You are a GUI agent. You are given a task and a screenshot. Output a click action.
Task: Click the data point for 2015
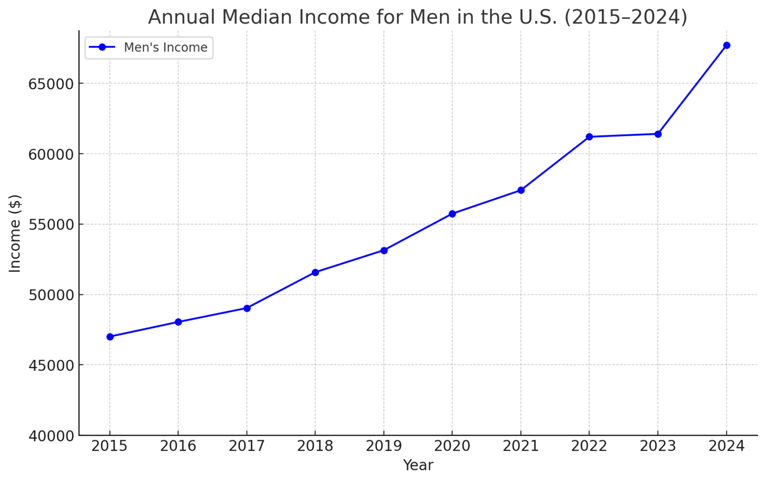pyautogui.click(x=110, y=337)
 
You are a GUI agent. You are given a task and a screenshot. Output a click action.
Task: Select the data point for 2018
pyautogui.click(x=315, y=272)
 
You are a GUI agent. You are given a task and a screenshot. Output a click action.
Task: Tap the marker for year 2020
pyautogui.click(x=452, y=214)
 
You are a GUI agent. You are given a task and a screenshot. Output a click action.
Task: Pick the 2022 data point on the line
pyautogui.click(x=589, y=137)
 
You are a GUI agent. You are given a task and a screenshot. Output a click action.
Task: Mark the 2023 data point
pyautogui.click(x=658, y=134)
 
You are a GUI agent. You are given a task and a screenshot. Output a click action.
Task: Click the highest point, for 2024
pyautogui.click(x=727, y=45)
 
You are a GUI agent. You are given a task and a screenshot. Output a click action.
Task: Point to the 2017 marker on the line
pyautogui.click(x=247, y=308)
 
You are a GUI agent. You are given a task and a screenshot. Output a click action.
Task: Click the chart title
pyautogui.click(x=417, y=17)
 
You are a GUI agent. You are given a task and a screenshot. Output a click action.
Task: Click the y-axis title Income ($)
pyautogui.click(x=15, y=234)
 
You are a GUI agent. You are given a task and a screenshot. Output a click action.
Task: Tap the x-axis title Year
pyautogui.click(x=418, y=465)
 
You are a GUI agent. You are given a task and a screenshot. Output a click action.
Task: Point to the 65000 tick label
pyautogui.click(x=51, y=84)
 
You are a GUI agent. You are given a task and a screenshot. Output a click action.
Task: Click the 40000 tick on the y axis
pyautogui.click(x=51, y=436)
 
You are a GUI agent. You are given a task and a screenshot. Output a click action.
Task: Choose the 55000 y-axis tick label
pyautogui.click(x=51, y=225)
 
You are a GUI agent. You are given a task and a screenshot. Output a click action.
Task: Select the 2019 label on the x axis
pyautogui.click(x=383, y=446)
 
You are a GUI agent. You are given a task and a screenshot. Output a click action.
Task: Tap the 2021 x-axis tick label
pyautogui.click(x=521, y=446)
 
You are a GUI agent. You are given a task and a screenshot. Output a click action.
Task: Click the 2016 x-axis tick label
pyautogui.click(x=178, y=446)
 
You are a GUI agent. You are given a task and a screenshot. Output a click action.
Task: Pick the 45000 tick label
pyautogui.click(x=51, y=365)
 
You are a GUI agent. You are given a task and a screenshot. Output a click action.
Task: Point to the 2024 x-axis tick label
pyautogui.click(x=727, y=446)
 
